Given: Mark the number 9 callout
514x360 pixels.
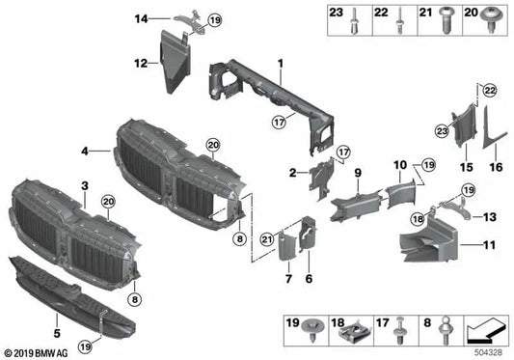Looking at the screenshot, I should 356,173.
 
